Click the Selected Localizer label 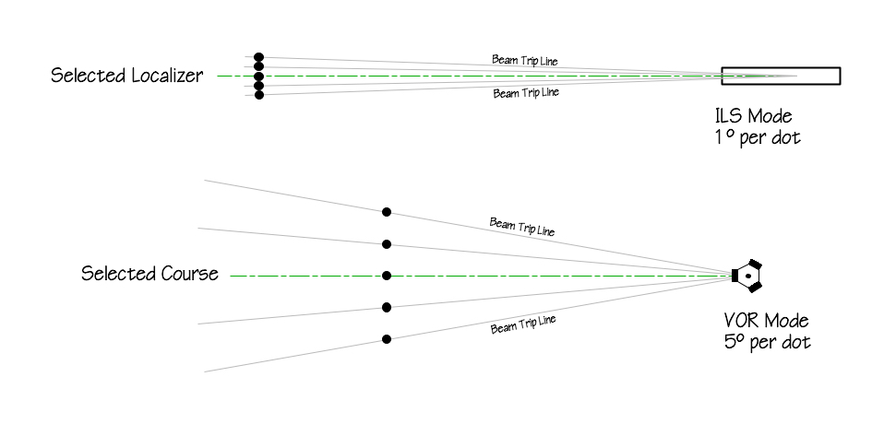tap(126, 76)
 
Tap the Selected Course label tap(149, 274)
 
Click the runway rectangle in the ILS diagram tap(781, 76)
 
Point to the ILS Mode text tap(754, 118)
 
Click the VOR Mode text tap(766, 322)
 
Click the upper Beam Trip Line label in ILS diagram tap(524, 61)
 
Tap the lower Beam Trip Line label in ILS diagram tap(526, 92)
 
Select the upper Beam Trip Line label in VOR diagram tap(522, 226)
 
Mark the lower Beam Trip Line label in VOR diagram tap(523, 324)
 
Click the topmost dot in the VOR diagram tap(387, 212)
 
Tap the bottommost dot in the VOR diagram tap(387, 339)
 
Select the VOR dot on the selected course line tap(387, 276)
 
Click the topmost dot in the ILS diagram tap(259, 57)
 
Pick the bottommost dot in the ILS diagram tap(259, 95)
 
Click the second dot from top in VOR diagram tap(387, 244)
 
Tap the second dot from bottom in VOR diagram tap(387, 307)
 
